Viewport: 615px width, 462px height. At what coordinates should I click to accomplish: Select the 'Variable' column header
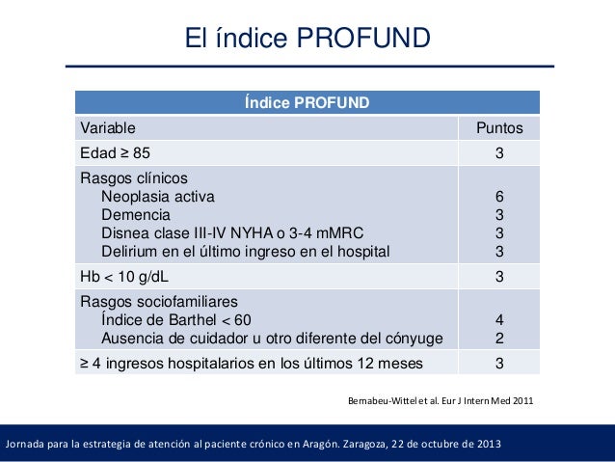point(107,127)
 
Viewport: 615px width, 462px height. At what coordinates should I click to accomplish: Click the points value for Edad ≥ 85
point(499,152)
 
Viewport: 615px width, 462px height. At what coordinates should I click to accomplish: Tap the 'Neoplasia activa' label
point(158,197)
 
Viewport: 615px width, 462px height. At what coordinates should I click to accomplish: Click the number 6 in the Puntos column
point(499,197)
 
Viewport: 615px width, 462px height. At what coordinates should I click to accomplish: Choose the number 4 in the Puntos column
point(499,319)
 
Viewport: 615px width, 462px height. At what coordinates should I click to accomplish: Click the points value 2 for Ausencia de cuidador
point(499,338)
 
